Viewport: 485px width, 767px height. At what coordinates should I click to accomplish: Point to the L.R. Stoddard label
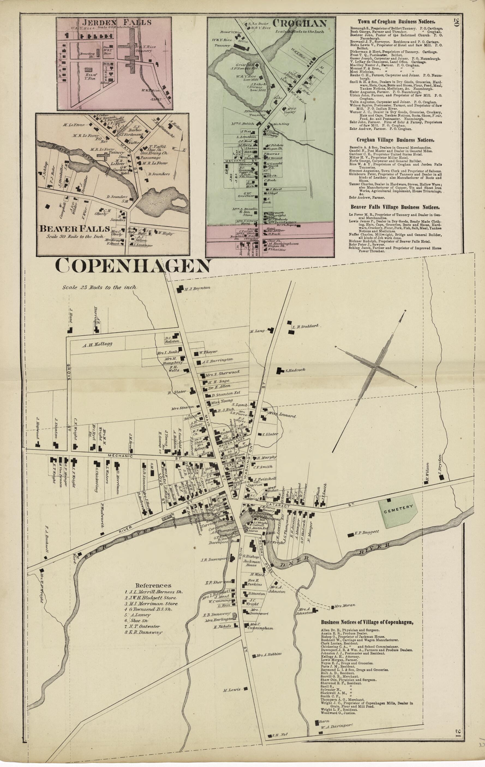click(x=305, y=327)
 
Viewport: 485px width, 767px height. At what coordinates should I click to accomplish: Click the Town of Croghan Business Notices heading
click(x=396, y=22)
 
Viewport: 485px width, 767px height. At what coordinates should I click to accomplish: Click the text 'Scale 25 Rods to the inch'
click(x=99, y=287)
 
